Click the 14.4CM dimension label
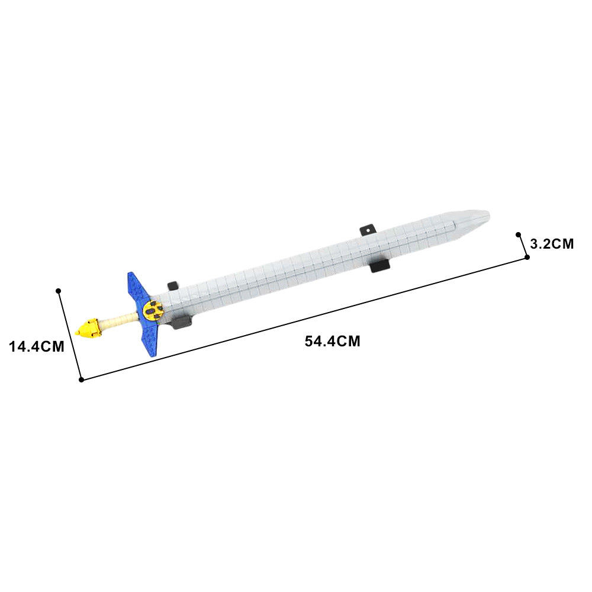(37, 346)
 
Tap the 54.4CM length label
(333, 342)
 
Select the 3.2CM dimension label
(552, 244)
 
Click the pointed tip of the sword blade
(490, 215)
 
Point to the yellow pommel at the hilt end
(88, 328)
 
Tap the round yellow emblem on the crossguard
(153, 311)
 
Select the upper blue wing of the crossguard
(138, 287)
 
